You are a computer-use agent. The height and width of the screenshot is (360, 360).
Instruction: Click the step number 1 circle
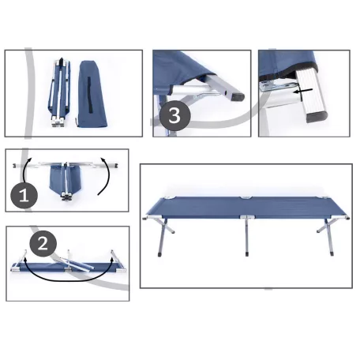[x=24, y=195]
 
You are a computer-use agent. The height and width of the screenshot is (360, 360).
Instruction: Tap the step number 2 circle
[x=43, y=244]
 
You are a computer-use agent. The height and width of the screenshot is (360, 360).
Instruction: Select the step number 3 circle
[x=174, y=115]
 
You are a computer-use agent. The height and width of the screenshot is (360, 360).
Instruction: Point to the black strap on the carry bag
[x=90, y=95]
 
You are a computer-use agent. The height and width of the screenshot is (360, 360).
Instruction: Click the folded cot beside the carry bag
[x=60, y=92]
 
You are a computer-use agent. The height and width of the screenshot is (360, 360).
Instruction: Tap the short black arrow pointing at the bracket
[x=303, y=92]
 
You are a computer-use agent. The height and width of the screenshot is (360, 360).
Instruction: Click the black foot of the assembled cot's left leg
[x=159, y=254]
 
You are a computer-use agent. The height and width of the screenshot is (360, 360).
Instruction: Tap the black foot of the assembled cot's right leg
[x=332, y=254]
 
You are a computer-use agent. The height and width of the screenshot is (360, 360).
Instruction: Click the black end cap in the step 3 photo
[x=238, y=96]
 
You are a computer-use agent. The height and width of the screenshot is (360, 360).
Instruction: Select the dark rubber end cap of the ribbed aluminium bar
[x=317, y=117]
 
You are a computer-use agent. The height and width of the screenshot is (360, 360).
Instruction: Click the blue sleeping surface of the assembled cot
[x=246, y=208]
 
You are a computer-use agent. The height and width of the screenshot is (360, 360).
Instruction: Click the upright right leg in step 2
[x=115, y=258]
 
